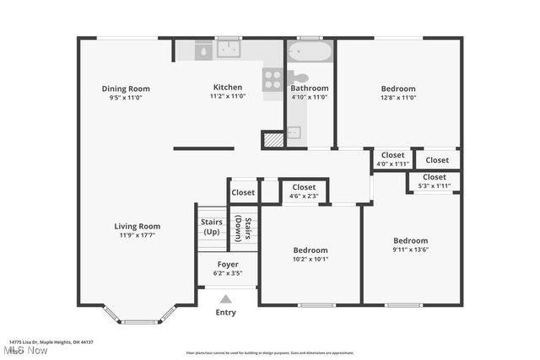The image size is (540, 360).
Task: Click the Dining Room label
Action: coord(126,89)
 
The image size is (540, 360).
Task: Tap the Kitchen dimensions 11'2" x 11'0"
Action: coord(227,96)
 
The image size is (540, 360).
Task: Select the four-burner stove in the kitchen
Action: coord(273,80)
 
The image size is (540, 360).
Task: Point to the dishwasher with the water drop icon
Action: coord(203,51)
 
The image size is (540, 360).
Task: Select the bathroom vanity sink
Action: coord(293,132)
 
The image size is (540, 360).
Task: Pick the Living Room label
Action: coord(138,226)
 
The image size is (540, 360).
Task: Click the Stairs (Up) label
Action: coord(211,227)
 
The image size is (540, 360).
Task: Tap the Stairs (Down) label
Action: coord(243,228)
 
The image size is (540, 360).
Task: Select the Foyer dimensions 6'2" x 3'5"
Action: coord(227,273)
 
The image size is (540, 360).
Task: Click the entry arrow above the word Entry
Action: coord(225,298)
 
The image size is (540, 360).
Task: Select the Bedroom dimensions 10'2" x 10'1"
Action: coord(310,260)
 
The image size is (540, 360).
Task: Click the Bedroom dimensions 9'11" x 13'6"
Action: coord(410,250)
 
